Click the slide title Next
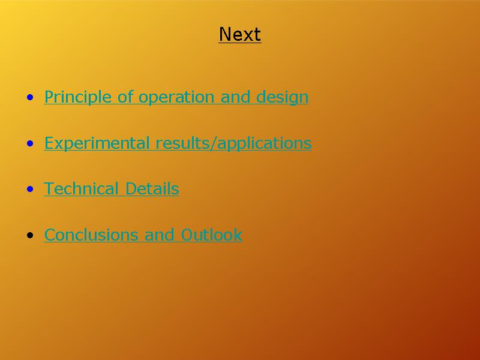click(x=239, y=34)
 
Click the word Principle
click(x=78, y=97)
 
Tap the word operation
click(x=176, y=97)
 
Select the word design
click(x=282, y=97)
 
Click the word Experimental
click(x=97, y=143)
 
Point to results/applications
click(x=233, y=143)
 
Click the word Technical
click(x=81, y=188)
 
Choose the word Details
click(x=152, y=188)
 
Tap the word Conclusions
click(x=91, y=235)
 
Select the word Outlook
click(x=212, y=235)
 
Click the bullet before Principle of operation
click(x=30, y=98)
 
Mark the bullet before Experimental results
click(x=30, y=143)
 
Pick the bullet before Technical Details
click(x=30, y=189)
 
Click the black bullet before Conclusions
click(x=30, y=235)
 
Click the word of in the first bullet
click(x=125, y=97)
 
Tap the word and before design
click(x=235, y=97)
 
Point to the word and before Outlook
click(x=159, y=235)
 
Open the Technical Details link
click(x=112, y=188)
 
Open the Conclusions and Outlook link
click(x=143, y=235)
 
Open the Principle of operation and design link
click(x=176, y=97)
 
